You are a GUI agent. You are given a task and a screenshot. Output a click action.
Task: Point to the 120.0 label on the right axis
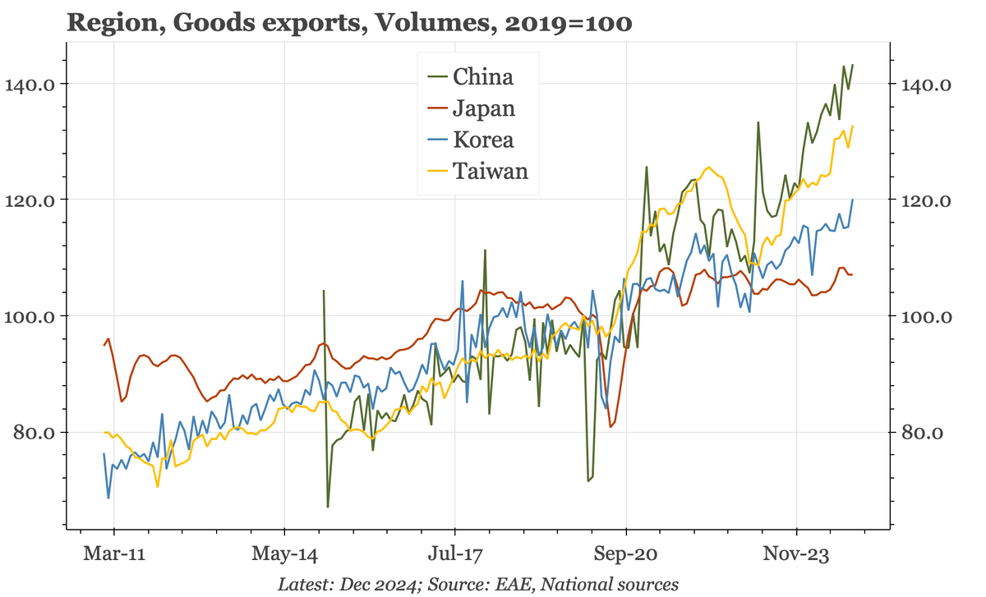[927, 200]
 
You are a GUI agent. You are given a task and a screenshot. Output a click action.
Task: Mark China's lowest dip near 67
[328, 507]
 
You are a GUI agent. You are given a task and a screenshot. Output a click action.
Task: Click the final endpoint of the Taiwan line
[853, 126]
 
